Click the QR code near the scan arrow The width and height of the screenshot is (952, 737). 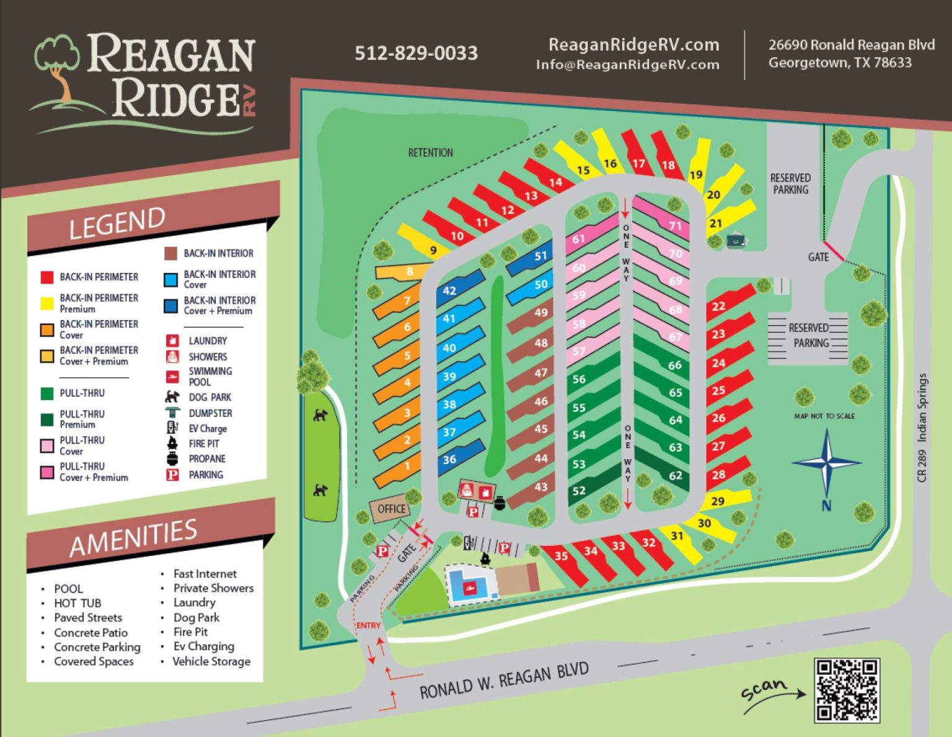coord(847,690)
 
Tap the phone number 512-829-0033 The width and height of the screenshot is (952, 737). coord(416,53)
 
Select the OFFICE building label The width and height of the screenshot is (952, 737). coord(391,509)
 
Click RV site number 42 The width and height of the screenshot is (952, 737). coord(449,290)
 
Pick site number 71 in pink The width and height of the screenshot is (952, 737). coord(675,226)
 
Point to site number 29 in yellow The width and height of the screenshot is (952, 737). coord(718,501)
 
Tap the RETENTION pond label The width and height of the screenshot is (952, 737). coord(430,153)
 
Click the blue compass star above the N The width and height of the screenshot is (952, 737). coord(827,462)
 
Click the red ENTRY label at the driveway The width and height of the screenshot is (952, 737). coord(368,625)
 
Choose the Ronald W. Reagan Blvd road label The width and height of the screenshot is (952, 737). coord(503,681)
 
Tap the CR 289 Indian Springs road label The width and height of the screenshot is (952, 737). coord(922,427)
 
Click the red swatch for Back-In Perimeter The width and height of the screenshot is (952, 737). coord(47,277)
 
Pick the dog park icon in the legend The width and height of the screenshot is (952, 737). coord(172,397)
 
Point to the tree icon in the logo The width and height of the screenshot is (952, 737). coord(58,65)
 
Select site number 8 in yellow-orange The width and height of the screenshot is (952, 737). coord(410,271)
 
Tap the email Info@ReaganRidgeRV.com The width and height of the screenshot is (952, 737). coord(627,65)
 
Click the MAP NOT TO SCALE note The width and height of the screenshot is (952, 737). coord(824,416)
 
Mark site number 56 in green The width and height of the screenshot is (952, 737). coord(579,379)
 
